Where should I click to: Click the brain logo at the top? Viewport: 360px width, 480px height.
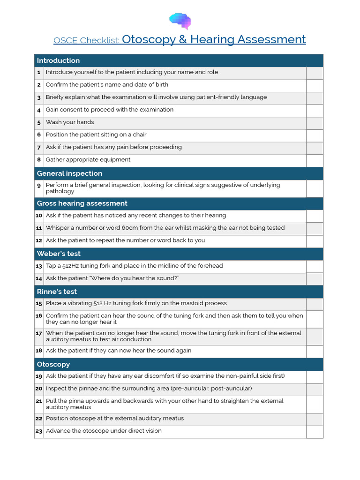(180, 21)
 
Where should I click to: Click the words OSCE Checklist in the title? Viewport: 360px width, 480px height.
(86, 40)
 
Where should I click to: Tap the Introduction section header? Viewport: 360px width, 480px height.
(58, 60)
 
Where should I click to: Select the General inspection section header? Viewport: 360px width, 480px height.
(69, 173)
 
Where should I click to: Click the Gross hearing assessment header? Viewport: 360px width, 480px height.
(82, 203)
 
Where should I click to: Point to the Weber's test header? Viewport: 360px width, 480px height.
(59, 254)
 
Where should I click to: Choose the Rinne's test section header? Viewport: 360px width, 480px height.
(57, 292)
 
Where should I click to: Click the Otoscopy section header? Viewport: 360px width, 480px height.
(53, 364)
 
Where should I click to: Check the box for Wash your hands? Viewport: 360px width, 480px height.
(315, 123)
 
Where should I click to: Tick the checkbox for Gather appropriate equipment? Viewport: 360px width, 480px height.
(315, 160)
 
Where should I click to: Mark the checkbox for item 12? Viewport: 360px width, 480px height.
(315, 241)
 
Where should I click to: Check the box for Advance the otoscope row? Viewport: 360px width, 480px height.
(315, 432)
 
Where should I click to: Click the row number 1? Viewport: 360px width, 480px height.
(39, 73)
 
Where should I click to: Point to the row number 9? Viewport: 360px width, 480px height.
(39, 186)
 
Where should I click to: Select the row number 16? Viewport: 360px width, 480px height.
(39, 316)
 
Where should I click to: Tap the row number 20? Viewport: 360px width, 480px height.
(39, 389)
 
